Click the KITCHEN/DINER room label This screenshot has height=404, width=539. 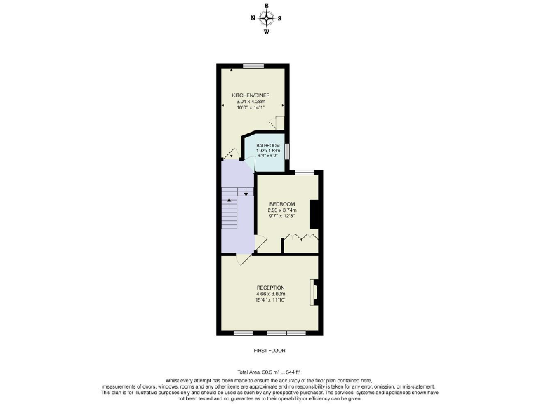(x=251, y=95)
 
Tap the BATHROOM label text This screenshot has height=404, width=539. (x=268, y=145)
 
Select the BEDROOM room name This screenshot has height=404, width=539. (x=282, y=204)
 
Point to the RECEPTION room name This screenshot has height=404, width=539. (x=270, y=288)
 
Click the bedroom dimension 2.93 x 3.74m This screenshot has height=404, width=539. (x=282, y=210)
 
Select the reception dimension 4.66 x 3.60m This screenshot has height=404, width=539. (x=270, y=295)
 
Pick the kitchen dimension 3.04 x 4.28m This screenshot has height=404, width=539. (x=251, y=102)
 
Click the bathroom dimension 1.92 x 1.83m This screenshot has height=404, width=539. (x=268, y=151)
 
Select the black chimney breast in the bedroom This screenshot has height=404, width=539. (x=315, y=214)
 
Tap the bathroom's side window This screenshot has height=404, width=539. (x=288, y=151)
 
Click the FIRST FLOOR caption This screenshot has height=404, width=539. (x=269, y=350)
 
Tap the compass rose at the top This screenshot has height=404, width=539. (x=267, y=18)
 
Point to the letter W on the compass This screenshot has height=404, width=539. (x=267, y=32)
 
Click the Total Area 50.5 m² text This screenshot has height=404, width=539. (x=269, y=372)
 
